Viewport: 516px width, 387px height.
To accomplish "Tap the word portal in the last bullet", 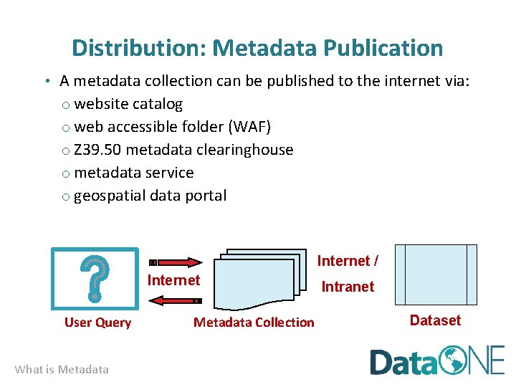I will tap(205, 196).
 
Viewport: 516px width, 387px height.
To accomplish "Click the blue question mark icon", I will tap(95, 278).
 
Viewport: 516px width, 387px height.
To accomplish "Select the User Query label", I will tap(97, 322).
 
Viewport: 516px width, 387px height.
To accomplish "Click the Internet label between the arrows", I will tap(173, 280).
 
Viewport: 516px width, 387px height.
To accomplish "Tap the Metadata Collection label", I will tap(254, 322).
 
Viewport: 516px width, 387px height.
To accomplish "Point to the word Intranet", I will tap(348, 287).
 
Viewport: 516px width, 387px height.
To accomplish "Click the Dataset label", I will tap(435, 320).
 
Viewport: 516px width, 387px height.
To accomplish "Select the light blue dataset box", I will tap(436, 274).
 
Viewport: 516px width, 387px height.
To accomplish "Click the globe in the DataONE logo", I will tap(454, 360).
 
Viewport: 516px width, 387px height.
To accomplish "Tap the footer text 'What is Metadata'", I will tap(62, 370).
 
